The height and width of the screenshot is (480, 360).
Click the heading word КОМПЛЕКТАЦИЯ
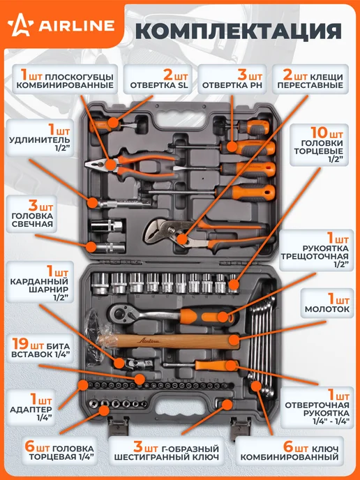[239, 30]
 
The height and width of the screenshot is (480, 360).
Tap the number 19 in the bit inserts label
[20, 345]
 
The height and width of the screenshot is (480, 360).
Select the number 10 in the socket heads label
[320, 133]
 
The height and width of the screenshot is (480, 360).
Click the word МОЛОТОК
[327, 309]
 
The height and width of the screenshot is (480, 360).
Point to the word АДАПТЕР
[31, 410]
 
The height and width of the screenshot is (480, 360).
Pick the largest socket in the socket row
[100, 283]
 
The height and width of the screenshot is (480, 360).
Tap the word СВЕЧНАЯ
[32, 224]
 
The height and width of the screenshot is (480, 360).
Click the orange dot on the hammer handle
[234, 340]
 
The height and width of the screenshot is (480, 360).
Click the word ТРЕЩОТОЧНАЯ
[315, 256]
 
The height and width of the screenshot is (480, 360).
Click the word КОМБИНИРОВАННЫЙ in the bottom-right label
[290, 458]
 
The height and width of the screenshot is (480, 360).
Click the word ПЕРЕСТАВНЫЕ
[310, 85]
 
